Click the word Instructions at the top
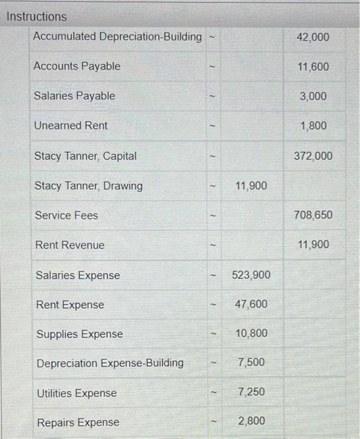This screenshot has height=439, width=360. [x=36, y=16]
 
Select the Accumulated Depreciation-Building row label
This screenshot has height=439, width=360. [x=117, y=36]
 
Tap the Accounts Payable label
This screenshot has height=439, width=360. [x=77, y=66]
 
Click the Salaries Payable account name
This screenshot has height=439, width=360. [x=75, y=96]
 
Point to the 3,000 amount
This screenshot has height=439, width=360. [x=314, y=96]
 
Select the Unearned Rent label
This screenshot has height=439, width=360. [x=71, y=125]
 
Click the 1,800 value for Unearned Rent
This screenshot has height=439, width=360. [x=314, y=126]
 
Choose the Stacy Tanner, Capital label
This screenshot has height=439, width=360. [x=85, y=156]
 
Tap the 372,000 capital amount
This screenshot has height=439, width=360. [x=312, y=156]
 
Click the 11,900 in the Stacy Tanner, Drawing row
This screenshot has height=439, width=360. [x=251, y=186]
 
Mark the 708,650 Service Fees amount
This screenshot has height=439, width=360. [x=312, y=215]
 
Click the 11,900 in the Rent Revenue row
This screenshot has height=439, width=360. [x=312, y=245]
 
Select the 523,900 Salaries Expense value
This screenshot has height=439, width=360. [x=251, y=275]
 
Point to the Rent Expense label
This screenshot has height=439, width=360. [x=70, y=305]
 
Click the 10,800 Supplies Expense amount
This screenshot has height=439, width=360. [x=251, y=334]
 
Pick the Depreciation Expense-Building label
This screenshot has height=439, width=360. [x=110, y=363]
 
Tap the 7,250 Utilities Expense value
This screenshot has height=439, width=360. [x=251, y=392]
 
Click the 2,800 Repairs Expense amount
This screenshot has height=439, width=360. [x=251, y=421]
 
